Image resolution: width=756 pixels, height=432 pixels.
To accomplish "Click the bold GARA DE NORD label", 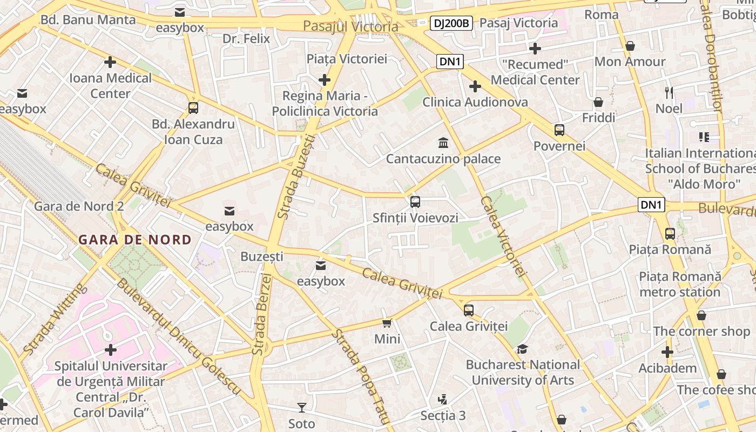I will pyautogui.click(x=135, y=240).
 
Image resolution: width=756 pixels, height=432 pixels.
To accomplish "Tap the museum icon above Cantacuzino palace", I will pyautogui.click(x=443, y=143).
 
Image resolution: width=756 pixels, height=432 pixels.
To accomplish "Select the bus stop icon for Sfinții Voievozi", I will pyautogui.click(x=415, y=202).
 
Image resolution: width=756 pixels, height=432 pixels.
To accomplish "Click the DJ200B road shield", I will pyautogui.click(x=452, y=23).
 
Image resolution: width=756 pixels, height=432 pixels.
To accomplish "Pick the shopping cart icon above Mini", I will pyautogui.click(x=387, y=323).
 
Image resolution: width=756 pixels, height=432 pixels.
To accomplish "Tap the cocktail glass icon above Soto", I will pyautogui.click(x=301, y=407).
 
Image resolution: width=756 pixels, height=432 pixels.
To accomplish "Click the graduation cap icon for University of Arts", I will pyautogui.click(x=522, y=349).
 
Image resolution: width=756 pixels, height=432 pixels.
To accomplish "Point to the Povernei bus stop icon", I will pyautogui.click(x=559, y=130).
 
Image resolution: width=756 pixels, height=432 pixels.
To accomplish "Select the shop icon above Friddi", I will pyautogui.click(x=598, y=102).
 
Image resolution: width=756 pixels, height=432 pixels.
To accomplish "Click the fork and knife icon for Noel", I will pyautogui.click(x=669, y=92).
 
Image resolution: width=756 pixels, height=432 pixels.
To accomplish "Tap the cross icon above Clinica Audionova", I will pyautogui.click(x=475, y=86).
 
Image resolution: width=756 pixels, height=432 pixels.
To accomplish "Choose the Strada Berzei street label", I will pyautogui.click(x=261, y=314).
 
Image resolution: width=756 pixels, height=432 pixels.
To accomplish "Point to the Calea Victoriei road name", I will pyautogui.click(x=502, y=238).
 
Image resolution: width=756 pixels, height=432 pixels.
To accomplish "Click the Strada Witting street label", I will pyautogui.click(x=55, y=320).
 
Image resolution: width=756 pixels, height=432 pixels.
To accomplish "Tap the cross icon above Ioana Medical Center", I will pyautogui.click(x=110, y=62).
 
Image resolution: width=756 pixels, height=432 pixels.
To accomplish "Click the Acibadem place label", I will pyautogui.click(x=667, y=368).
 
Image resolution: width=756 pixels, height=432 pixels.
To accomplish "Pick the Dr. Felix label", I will pyautogui.click(x=246, y=39).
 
